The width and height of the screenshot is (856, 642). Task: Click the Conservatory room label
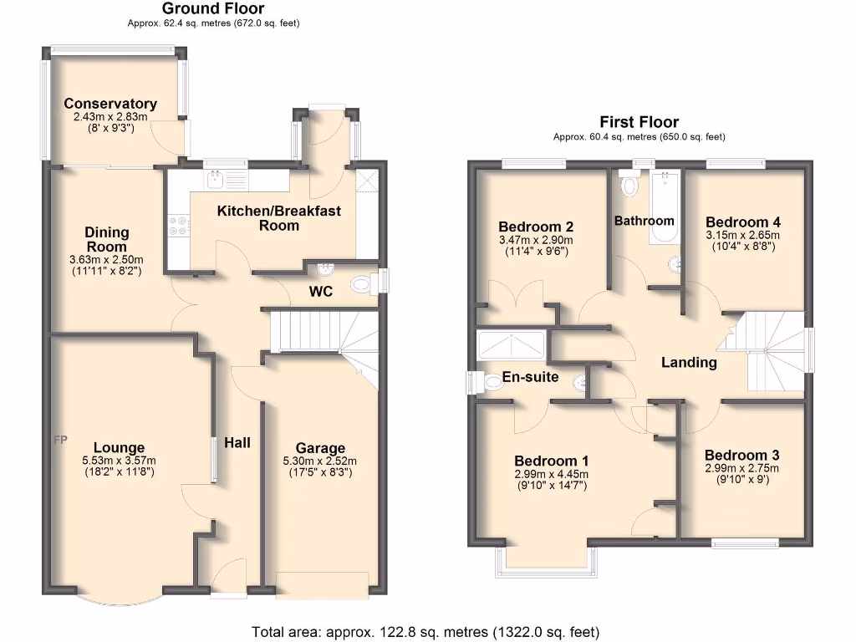pos(110,104)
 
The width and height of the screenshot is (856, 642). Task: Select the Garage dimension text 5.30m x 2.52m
pos(320,461)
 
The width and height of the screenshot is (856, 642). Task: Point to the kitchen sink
pos(216,177)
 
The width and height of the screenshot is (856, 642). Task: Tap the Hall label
pos(237,442)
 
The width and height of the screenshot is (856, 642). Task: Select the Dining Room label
pos(107,239)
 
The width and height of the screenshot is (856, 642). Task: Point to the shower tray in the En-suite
pos(510,344)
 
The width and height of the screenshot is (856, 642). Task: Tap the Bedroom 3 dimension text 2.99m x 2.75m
pos(741,468)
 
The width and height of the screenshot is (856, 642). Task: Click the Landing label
pos(689,362)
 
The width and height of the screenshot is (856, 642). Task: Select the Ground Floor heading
pos(213,9)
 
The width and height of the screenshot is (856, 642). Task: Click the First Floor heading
pos(639,122)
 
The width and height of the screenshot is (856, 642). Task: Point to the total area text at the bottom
pos(425,631)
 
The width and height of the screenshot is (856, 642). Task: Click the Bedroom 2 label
pos(535,227)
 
